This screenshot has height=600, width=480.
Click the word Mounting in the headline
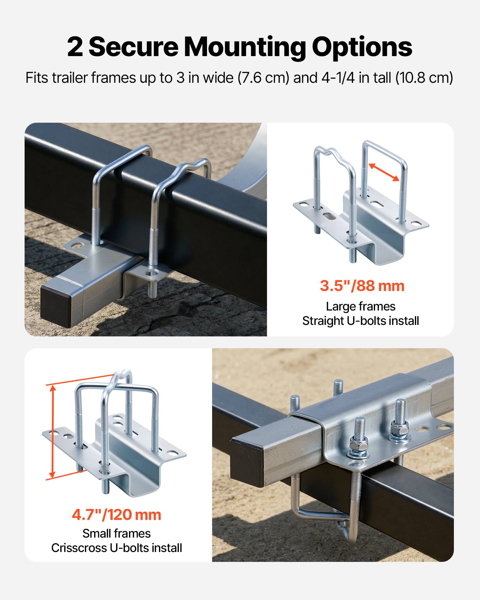pyautogui.click(x=244, y=47)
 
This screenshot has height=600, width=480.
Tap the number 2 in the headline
pyautogui.click(x=75, y=47)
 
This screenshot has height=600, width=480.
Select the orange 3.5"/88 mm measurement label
pyautogui.click(x=362, y=286)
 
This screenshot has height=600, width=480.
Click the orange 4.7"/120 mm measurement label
pyautogui.click(x=116, y=514)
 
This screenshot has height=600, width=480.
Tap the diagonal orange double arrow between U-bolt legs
pyautogui.click(x=384, y=172)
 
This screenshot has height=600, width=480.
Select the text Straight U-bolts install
pyautogui.click(x=360, y=321)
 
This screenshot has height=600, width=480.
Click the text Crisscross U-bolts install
pyautogui.click(x=116, y=548)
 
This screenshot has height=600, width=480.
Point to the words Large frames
pyautogui.click(x=361, y=306)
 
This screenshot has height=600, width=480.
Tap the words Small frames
pyautogui.click(x=116, y=533)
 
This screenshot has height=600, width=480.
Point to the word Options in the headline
pyautogui.click(x=362, y=47)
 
